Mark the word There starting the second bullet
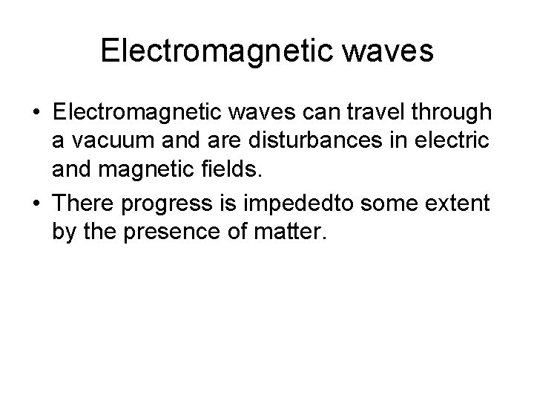pyautogui.click(x=82, y=201)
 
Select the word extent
pyautogui.click(x=459, y=201)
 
